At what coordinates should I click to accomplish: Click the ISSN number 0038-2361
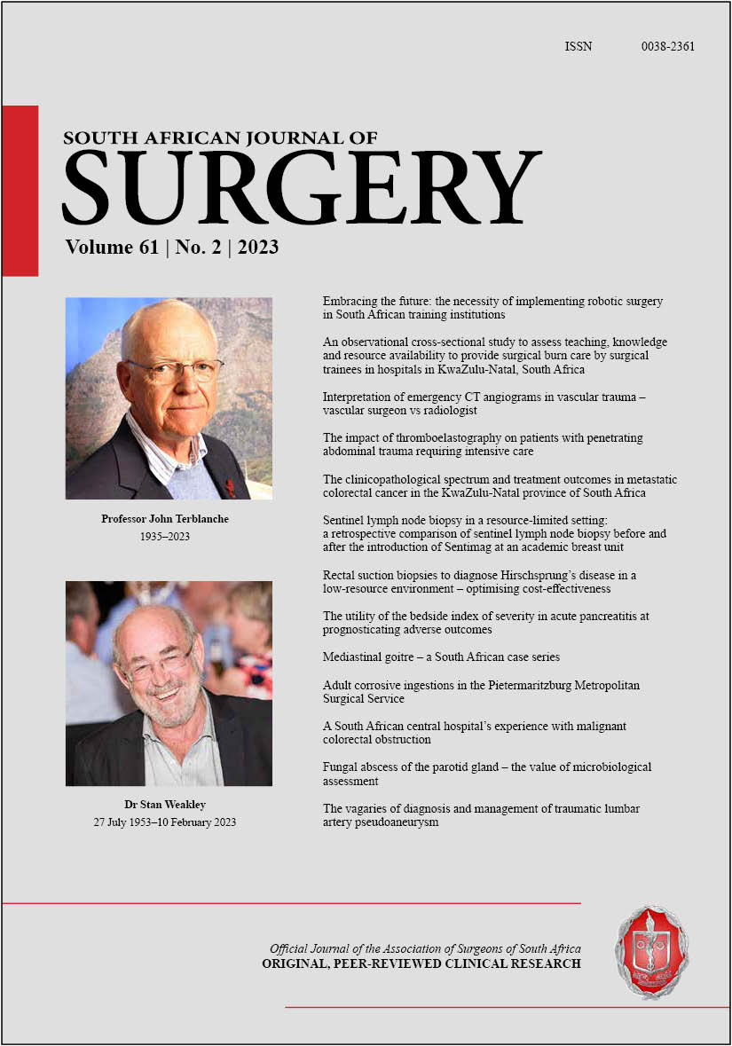coord(667,46)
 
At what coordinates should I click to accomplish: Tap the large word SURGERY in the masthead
coord(301,187)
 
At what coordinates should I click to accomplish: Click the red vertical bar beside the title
coord(20,190)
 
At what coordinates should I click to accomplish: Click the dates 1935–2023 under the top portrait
coord(169,536)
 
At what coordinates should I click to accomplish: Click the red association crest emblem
coord(652,952)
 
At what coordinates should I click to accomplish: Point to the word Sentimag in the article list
coord(479,547)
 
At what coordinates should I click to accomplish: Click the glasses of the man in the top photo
coord(174,368)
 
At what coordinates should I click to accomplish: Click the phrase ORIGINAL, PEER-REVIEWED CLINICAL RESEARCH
coord(421,963)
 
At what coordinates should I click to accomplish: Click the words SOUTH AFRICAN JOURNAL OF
coord(221,138)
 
